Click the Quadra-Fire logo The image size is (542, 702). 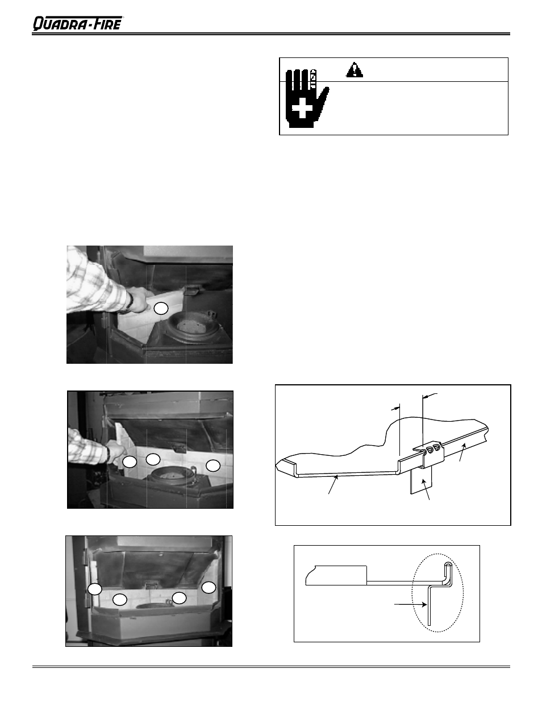[x=78, y=23]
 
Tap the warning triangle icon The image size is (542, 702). [x=355, y=70]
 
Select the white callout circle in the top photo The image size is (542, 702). [x=161, y=308]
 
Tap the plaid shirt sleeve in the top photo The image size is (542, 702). [x=97, y=284]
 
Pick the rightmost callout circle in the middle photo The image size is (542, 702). [x=213, y=466]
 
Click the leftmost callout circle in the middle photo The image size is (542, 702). [x=130, y=462]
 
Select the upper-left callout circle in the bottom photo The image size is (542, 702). [x=95, y=589]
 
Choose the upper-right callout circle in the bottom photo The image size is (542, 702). [x=209, y=587]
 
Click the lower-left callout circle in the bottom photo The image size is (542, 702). [x=119, y=600]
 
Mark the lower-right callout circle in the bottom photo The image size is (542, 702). [x=179, y=598]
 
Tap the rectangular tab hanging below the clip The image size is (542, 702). [x=421, y=481]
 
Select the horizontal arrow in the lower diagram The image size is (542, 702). [x=411, y=604]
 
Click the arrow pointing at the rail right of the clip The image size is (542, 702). [x=462, y=452]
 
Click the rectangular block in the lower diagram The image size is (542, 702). [x=336, y=575]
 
